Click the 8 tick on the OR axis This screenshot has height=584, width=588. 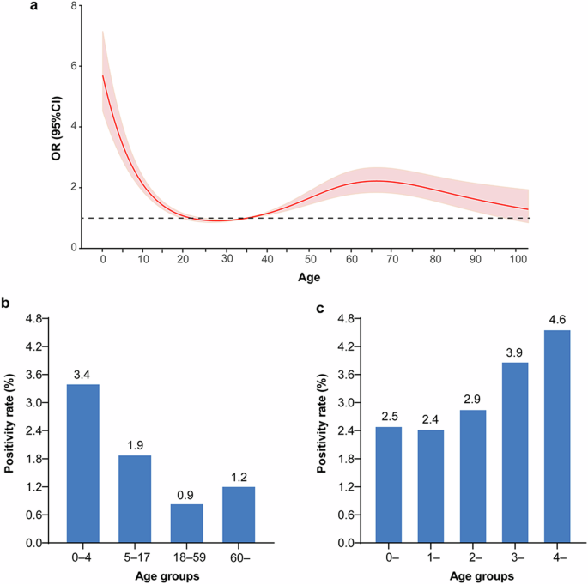click(77, 6)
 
